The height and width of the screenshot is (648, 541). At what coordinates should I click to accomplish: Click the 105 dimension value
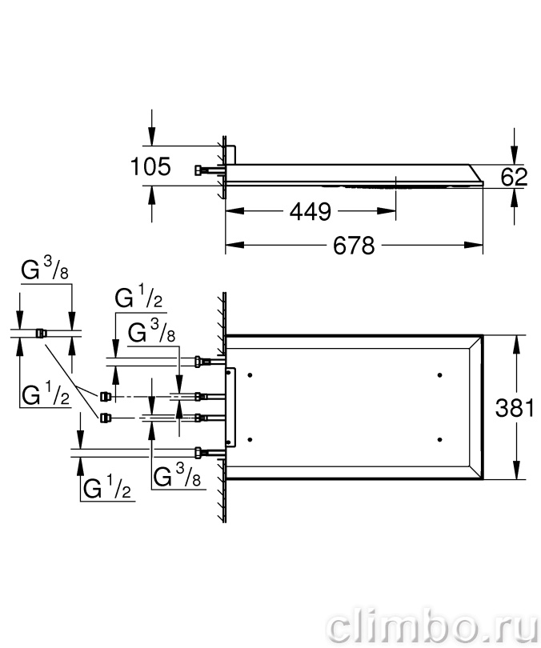pyautogui.click(x=150, y=166)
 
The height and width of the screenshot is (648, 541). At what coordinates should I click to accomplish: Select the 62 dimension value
pyautogui.click(x=514, y=177)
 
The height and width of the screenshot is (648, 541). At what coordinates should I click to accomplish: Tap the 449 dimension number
pyautogui.click(x=311, y=211)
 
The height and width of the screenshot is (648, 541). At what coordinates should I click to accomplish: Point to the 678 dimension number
pyautogui.click(x=354, y=246)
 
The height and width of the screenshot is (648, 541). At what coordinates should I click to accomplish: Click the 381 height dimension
pyautogui.click(x=515, y=408)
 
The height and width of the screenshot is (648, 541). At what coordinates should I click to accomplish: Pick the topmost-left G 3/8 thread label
pyautogui.click(x=45, y=270)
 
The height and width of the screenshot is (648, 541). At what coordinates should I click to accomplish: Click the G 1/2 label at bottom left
pyautogui.click(x=106, y=487)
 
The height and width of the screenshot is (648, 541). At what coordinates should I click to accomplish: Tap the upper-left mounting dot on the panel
pyautogui.click(x=250, y=375)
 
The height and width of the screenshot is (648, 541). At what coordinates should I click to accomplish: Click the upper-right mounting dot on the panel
pyautogui.click(x=439, y=375)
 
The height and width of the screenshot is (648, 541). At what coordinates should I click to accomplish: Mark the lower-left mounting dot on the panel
pyautogui.click(x=250, y=440)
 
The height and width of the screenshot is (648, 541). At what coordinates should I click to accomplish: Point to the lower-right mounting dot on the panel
pyautogui.click(x=439, y=440)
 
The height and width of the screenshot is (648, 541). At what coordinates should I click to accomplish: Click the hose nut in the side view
pyautogui.click(x=199, y=170)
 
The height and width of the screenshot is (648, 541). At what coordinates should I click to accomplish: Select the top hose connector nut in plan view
pyautogui.click(x=199, y=362)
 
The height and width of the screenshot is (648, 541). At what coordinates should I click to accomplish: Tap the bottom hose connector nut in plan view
pyautogui.click(x=199, y=453)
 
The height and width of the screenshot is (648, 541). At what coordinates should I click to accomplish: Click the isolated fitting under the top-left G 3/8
pyautogui.click(x=41, y=333)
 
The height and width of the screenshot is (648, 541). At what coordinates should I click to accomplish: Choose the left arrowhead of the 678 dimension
pyautogui.click(x=234, y=245)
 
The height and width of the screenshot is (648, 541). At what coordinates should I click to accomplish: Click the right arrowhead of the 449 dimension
pyautogui.click(x=387, y=211)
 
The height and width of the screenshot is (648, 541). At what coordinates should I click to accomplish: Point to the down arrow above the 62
pyautogui.click(x=514, y=155)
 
